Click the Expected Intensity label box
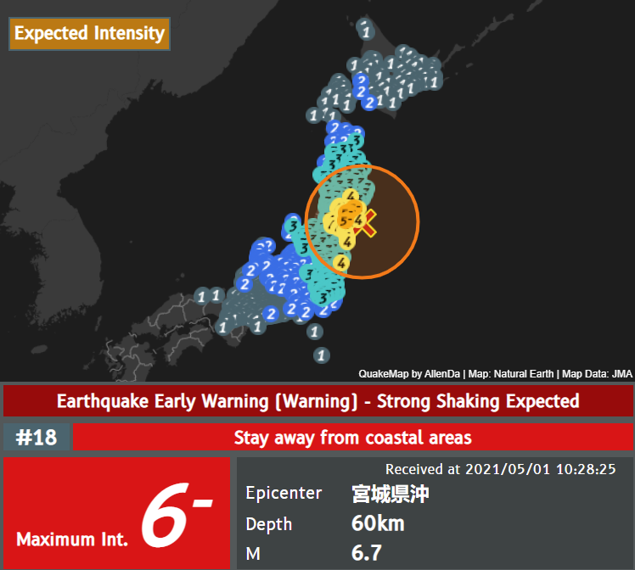point(89,34)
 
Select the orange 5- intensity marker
point(344,221)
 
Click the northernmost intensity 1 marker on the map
point(365,31)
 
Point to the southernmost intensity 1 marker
point(320,355)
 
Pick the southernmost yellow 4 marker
point(341,262)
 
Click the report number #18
point(36,438)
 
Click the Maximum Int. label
point(72,539)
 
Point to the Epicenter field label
point(284,494)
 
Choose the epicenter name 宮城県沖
point(390,494)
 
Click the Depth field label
point(268,523)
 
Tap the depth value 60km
point(378,523)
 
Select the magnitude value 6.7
point(367,553)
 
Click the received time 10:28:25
point(584,469)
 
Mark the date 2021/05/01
point(506,469)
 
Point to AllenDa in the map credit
point(440,373)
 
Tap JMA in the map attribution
point(621,373)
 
